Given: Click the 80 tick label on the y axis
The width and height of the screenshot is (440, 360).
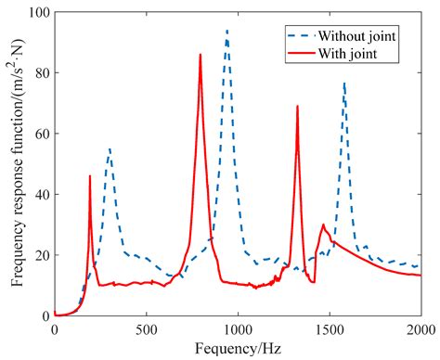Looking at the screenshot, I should tap(40, 73).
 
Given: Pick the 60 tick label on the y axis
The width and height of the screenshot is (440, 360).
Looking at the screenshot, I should tap(40, 134).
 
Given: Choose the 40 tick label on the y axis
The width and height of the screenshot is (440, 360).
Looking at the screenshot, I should tap(40, 195).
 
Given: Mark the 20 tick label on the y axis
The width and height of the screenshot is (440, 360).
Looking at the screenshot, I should tap(40, 255).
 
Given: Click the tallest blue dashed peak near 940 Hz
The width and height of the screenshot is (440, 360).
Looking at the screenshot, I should tap(226, 31).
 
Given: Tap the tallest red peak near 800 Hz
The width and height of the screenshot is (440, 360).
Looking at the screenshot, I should tap(200, 55).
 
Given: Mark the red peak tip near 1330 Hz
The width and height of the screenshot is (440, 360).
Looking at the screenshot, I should tap(297, 106).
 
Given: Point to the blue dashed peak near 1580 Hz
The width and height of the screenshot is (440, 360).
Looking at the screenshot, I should tap(343, 83).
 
